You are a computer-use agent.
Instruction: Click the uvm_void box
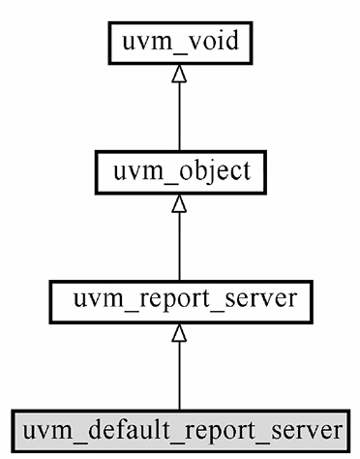tap(179, 43)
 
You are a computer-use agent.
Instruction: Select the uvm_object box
tap(179, 171)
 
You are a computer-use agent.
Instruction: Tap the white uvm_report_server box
tap(179, 301)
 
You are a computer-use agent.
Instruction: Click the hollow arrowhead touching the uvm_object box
tap(179, 204)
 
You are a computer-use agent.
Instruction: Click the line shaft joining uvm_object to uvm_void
tap(179, 116)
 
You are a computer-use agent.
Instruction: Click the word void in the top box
tap(209, 43)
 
